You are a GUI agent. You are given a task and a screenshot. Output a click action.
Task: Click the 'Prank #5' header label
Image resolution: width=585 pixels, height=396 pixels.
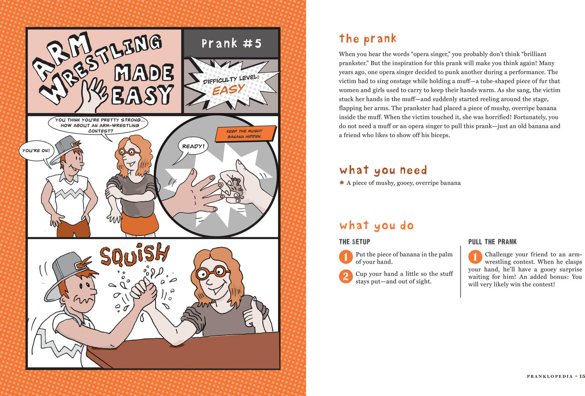point(231,43)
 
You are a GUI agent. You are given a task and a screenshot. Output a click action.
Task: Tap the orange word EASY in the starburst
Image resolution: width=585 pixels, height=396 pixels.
point(229,90)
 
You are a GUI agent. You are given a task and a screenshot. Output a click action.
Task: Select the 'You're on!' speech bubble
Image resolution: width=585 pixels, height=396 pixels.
point(36,151)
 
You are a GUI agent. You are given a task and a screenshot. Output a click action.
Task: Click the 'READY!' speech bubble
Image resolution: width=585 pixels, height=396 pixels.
point(193,146)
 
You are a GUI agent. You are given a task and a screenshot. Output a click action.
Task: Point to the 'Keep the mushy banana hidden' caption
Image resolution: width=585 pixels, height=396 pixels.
point(245,134)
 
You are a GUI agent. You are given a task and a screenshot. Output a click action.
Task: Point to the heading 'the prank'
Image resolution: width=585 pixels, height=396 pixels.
point(368,39)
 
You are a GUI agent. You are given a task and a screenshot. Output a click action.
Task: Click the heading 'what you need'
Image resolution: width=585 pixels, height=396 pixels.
point(383,170)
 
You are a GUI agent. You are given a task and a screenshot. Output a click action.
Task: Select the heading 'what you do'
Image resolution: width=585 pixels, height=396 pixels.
point(376,226)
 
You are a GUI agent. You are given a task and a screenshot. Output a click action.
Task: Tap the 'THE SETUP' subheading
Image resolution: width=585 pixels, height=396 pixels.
point(355,242)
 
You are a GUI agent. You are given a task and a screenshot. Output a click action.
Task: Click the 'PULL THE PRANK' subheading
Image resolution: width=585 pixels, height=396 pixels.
point(492,242)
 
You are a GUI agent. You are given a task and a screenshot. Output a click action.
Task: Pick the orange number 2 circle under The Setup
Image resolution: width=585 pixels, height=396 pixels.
point(346,276)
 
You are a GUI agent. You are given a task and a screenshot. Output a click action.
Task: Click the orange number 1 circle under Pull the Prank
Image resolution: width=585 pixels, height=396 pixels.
point(475,257)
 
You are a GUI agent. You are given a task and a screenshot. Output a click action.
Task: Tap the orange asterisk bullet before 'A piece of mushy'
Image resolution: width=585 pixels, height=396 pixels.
point(342,183)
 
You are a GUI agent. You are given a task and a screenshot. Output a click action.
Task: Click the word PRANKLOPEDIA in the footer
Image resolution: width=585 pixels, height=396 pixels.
point(550,376)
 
